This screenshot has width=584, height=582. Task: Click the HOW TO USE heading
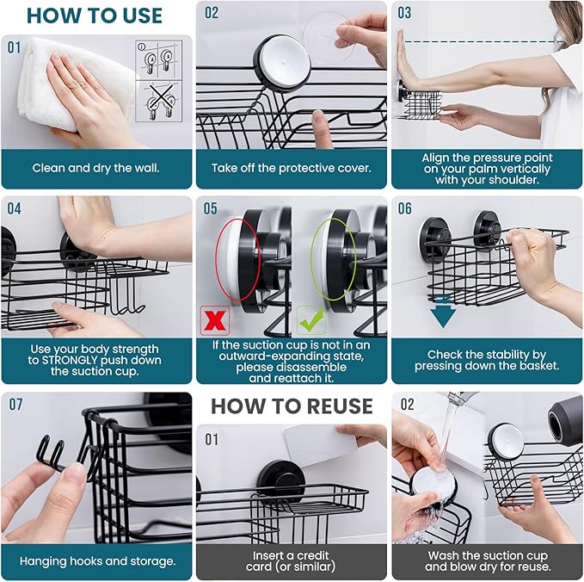94,15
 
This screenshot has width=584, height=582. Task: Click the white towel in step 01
60,82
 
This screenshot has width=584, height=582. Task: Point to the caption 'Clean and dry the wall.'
95,169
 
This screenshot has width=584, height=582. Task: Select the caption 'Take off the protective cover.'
292,169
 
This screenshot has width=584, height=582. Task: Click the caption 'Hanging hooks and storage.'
96,561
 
